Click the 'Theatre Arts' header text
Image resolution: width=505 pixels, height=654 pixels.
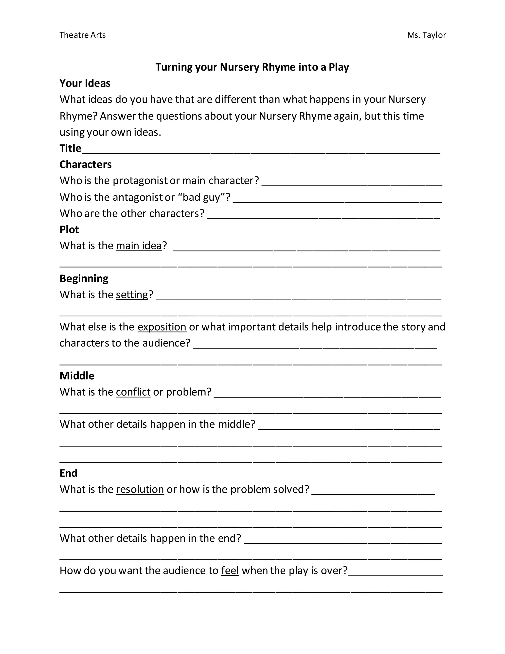[x=82, y=35]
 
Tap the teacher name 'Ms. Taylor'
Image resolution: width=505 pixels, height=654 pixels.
[x=426, y=35]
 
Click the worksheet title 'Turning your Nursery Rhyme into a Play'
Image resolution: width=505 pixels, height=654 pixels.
[x=252, y=67]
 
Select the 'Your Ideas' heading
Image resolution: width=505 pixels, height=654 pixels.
[x=85, y=83]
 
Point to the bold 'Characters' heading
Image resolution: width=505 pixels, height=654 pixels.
[x=86, y=164]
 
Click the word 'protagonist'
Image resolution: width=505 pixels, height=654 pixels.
[x=140, y=181]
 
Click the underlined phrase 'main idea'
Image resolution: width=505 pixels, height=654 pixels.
[x=139, y=246]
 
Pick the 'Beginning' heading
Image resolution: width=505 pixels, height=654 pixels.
[x=84, y=278]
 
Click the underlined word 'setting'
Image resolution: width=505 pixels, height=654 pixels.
[x=132, y=295]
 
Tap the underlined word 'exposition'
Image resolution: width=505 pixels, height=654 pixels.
[x=162, y=327]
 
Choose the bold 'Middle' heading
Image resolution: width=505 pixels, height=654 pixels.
[x=77, y=376]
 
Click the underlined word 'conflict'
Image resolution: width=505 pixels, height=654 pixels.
[x=133, y=392]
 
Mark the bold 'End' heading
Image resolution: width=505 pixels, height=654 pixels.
[x=69, y=473]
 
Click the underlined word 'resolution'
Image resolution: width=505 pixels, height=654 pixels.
[x=140, y=489]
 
